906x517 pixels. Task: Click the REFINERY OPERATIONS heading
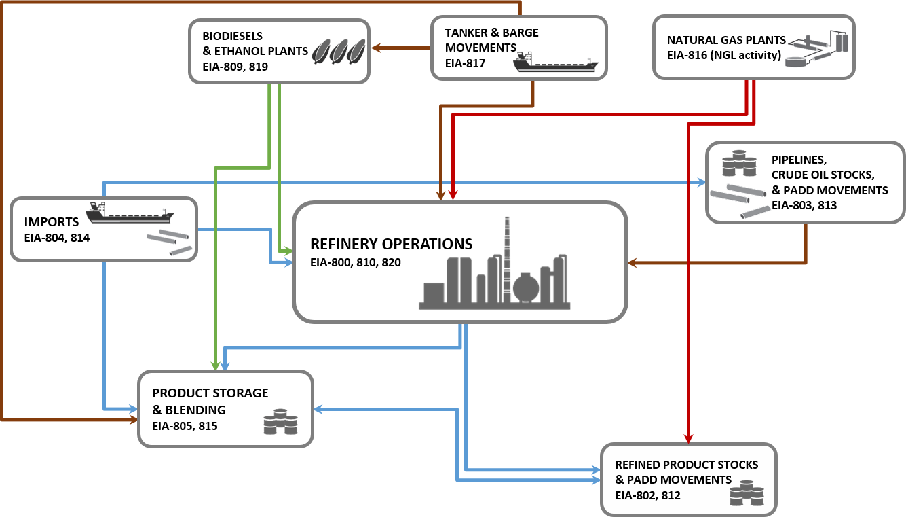click(391, 244)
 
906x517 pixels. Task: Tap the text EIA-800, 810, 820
click(355, 262)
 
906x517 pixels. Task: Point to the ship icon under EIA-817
click(556, 64)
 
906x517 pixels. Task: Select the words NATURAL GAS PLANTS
click(726, 40)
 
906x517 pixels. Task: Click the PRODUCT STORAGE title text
click(210, 393)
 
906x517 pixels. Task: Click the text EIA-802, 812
click(647, 495)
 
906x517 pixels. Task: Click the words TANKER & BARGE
click(492, 33)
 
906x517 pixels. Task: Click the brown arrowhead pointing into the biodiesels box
click(375, 48)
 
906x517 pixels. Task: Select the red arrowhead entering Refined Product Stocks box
click(689, 437)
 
